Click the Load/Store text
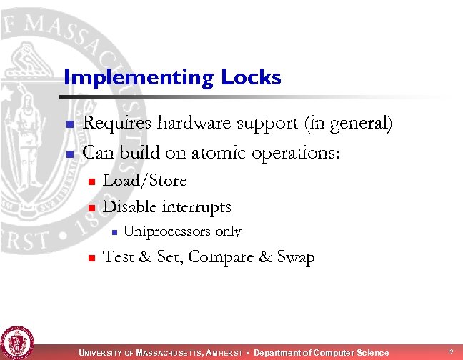(x=145, y=181)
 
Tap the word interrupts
(x=197, y=207)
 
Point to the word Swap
(x=294, y=257)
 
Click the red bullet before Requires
(x=70, y=125)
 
